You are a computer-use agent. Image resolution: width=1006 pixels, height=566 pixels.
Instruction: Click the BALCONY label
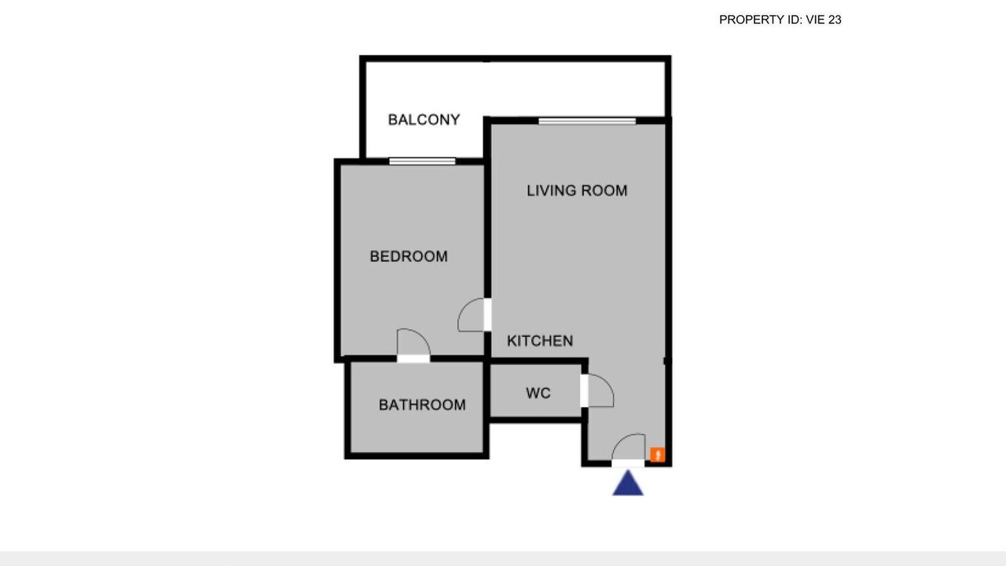tap(424, 119)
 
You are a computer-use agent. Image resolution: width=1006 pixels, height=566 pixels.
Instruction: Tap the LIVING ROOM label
tap(577, 190)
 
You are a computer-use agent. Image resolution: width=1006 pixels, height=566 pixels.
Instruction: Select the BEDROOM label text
tap(409, 256)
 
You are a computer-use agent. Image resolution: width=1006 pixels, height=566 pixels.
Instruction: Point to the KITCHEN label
tap(540, 341)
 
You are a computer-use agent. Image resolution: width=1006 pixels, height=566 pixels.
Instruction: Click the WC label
tap(538, 393)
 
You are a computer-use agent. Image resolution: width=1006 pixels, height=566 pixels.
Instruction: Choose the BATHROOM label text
tap(422, 405)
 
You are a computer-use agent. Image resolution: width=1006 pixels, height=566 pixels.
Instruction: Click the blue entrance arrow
tap(628, 483)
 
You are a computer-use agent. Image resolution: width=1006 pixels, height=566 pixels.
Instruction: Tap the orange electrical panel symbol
tap(658, 454)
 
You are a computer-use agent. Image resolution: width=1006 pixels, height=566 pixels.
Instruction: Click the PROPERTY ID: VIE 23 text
tap(780, 20)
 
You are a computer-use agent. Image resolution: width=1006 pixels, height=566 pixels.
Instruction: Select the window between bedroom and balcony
tap(422, 161)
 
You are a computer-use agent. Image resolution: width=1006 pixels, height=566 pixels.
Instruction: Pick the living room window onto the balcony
tap(587, 121)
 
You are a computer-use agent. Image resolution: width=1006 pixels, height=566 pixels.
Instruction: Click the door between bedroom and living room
tap(474, 315)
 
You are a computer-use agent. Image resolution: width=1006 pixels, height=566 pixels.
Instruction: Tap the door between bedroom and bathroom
tap(413, 345)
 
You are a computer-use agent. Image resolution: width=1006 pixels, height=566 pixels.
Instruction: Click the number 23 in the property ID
tap(835, 20)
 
